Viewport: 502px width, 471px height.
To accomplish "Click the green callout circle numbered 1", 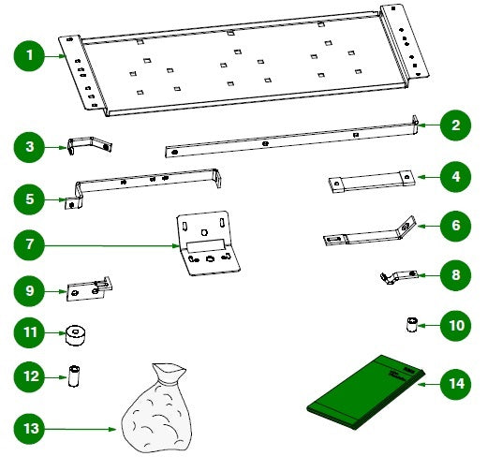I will (30, 56).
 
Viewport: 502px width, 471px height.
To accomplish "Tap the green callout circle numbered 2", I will (454, 125).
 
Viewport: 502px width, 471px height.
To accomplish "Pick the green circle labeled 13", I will (30, 429).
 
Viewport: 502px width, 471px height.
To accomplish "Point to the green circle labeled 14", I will (454, 384).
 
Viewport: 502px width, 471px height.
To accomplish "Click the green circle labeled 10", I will (454, 326).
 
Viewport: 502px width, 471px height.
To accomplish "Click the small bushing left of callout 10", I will (409, 325).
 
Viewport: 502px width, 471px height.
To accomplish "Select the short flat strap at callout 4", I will (370, 180).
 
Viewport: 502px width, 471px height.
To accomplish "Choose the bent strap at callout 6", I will (367, 232).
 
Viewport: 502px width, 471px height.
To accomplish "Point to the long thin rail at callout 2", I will (290, 138).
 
